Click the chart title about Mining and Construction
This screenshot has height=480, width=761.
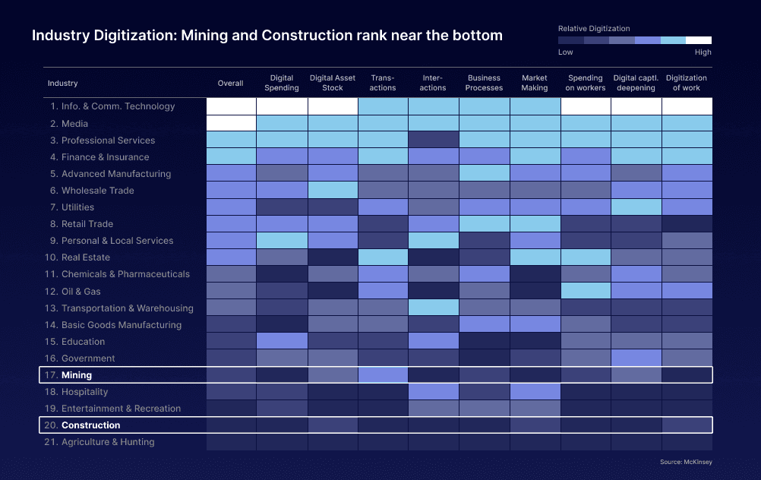[267, 36]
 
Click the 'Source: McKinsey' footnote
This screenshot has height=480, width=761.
[687, 462]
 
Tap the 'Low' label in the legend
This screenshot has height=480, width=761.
[566, 52]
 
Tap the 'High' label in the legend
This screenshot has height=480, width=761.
[703, 52]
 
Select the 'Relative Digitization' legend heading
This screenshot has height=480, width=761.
[594, 29]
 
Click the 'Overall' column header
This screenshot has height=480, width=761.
[231, 83]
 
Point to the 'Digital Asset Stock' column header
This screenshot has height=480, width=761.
[333, 83]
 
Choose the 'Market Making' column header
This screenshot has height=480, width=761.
[535, 83]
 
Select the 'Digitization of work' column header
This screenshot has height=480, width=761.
[687, 83]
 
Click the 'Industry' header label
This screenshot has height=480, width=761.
[62, 83]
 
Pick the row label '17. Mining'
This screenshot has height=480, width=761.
[76, 375]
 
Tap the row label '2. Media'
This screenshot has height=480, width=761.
[69, 124]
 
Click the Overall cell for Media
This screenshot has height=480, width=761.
[231, 123]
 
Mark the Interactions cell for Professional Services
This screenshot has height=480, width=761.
[434, 140]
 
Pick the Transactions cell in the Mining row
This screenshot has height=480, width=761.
[383, 374]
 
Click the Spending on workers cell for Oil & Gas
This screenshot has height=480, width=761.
[586, 291]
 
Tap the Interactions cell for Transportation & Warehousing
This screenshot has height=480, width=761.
[434, 308]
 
